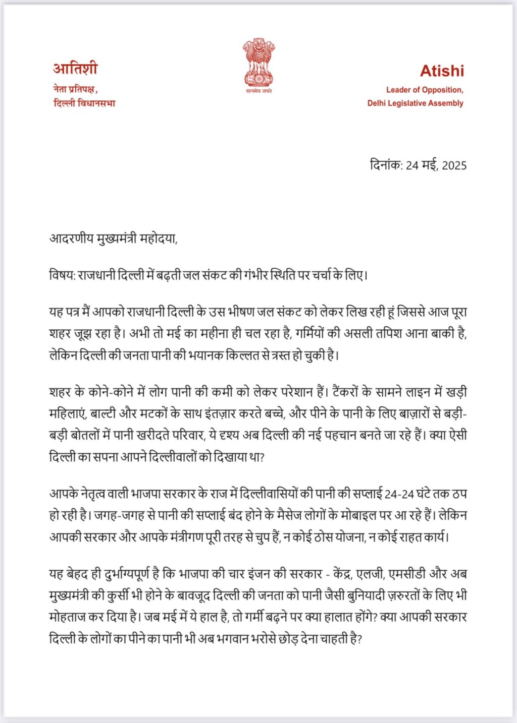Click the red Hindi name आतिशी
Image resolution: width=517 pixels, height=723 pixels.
[75, 69]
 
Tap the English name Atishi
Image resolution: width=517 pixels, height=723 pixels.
[442, 71]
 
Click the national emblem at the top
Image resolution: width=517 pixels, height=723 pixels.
[258, 62]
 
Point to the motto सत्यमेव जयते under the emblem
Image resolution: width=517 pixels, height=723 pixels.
[258, 91]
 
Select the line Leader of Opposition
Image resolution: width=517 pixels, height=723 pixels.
[425, 90]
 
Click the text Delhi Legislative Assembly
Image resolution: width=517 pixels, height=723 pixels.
[415, 103]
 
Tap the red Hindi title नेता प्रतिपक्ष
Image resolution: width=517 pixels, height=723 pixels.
[74, 90]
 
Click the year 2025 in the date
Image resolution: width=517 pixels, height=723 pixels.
[454, 166]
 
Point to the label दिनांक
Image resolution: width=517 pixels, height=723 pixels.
[385, 165]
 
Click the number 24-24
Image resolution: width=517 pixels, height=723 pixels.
[399, 494]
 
